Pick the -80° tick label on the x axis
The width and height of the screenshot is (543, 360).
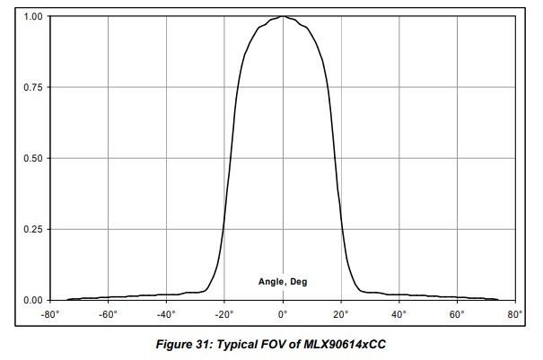tap(49, 315)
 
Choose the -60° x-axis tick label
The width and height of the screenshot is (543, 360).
tap(108, 315)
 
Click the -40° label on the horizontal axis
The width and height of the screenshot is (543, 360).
tap(166, 315)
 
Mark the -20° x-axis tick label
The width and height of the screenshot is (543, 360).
tap(224, 315)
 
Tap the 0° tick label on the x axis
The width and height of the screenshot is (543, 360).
tap(283, 315)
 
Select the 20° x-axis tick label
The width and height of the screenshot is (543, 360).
tap(341, 315)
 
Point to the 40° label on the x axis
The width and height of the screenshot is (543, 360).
tap(399, 315)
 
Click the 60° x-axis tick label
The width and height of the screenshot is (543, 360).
tap(458, 315)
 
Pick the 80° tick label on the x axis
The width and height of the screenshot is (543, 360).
tap(515, 315)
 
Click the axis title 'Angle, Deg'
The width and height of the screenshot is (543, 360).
tap(283, 282)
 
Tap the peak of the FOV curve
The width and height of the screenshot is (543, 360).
tap(283, 16)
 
